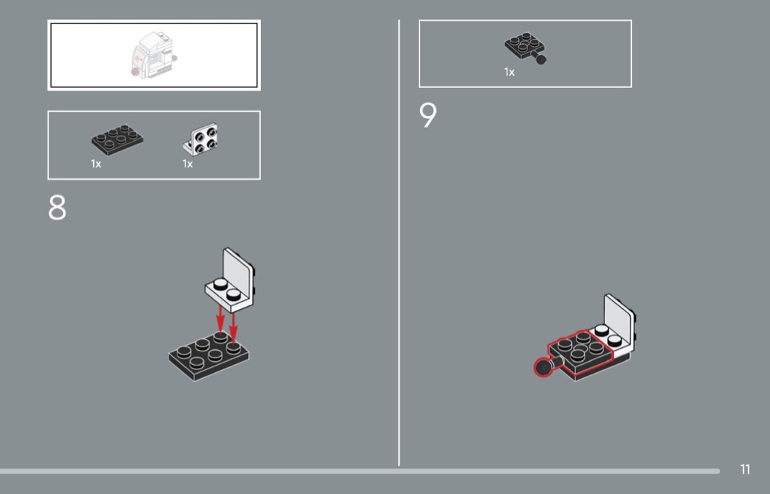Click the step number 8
click(57, 208)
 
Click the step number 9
click(428, 115)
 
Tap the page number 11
click(745, 470)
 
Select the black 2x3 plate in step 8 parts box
click(117, 139)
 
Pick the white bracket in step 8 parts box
click(201, 139)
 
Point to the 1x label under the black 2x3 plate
click(96, 164)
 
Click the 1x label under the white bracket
click(188, 164)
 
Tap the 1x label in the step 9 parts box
click(509, 72)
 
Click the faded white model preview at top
click(153, 55)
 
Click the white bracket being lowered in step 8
click(230, 280)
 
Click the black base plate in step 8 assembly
click(209, 355)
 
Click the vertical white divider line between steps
click(399, 243)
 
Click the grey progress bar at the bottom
click(360, 471)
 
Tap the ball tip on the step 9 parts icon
click(541, 59)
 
